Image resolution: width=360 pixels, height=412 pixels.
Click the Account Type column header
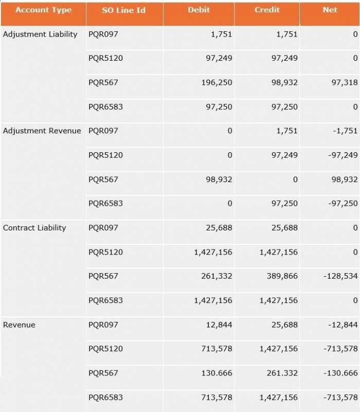point(43,10)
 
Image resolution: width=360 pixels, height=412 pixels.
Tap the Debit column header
point(199,10)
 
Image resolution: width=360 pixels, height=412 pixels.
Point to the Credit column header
point(267,10)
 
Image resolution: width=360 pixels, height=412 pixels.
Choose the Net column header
point(330,10)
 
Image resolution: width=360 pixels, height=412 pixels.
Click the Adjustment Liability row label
point(40,34)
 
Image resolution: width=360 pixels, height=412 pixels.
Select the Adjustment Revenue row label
point(42,131)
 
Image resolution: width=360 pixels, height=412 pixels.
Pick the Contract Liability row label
point(34,228)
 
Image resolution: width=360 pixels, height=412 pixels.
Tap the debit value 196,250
point(217,83)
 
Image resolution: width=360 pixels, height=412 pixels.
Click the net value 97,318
point(344,83)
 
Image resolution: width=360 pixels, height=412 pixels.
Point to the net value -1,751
point(345,131)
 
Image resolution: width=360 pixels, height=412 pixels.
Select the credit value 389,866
point(282,276)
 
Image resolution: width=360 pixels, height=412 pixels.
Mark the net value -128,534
point(340,276)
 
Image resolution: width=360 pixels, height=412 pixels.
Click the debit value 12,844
point(219,325)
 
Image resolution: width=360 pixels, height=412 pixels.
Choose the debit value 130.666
point(217,373)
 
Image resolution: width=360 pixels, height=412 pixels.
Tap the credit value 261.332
point(282,373)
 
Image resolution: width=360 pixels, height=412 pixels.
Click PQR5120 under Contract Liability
point(105,252)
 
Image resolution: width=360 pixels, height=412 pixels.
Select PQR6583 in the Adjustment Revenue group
point(105,203)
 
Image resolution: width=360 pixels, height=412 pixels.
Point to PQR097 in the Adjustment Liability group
point(103,34)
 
